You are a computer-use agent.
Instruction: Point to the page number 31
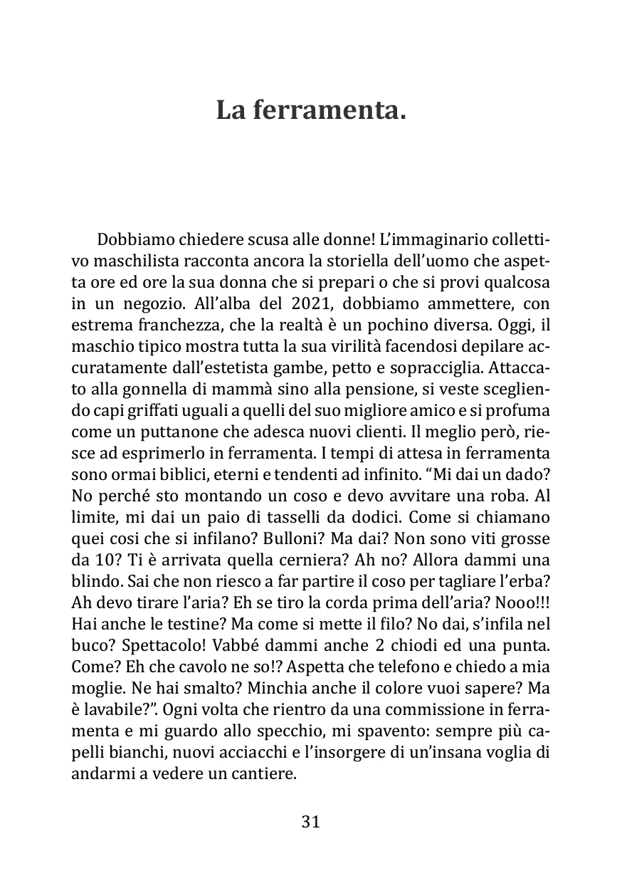point(311,821)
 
